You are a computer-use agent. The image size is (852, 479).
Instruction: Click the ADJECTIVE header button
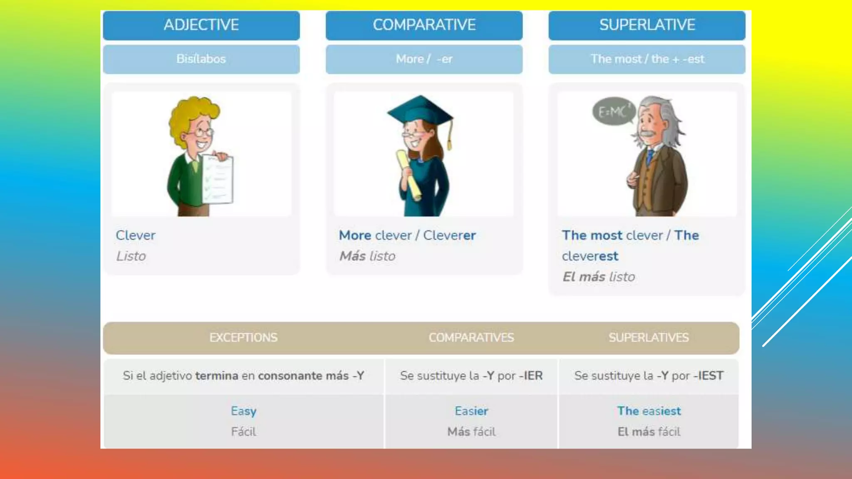(x=201, y=25)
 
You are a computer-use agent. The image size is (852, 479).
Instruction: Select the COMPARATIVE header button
(x=424, y=25)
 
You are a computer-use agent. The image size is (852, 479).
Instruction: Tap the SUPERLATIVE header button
(x=647, y=25)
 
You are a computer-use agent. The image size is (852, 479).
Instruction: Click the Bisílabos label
(x=201, y=59)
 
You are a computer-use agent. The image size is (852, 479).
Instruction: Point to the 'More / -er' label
(x=424, y=59)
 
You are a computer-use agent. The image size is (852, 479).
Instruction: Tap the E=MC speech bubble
(x=612, y=111)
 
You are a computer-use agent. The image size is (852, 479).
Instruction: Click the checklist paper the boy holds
(x=218, y=179)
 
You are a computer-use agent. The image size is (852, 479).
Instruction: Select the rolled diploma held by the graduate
(x=409, y=175)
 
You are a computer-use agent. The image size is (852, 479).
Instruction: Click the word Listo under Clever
(x=131, y=256)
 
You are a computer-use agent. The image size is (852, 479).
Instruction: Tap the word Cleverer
(x=449, y=235)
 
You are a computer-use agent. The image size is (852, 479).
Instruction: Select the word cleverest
(x=590, y=256)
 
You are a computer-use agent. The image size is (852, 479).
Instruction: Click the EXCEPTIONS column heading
(x=243, y=338)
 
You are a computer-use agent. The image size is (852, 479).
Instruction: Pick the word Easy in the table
(x=243, y=411)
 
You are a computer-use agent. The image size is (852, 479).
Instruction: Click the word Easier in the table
(x=471, y=411)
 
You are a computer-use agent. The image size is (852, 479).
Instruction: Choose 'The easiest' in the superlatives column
(x=649, y=411)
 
